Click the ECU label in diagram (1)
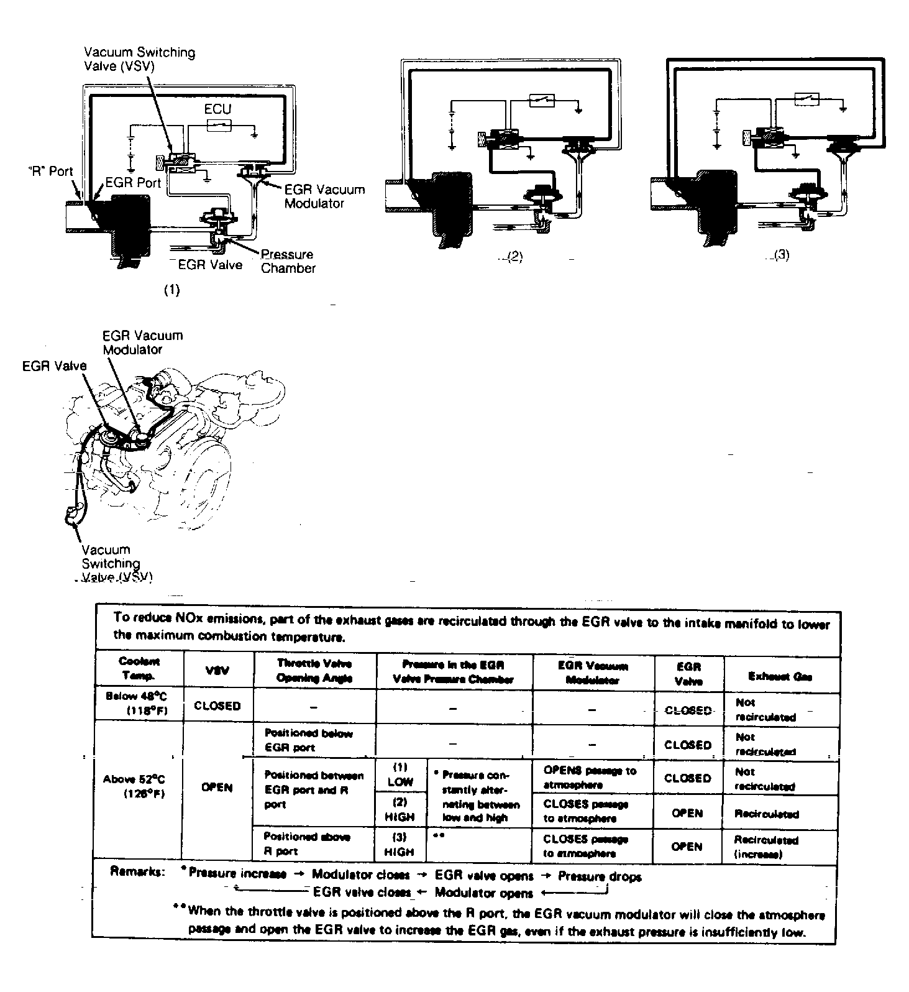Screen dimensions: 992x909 click(217, 109)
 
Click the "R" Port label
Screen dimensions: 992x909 click(52, 172)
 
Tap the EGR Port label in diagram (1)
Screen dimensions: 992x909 click(133, 183)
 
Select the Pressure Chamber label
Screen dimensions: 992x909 click(288, 262)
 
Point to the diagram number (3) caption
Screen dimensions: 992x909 click(781, 255)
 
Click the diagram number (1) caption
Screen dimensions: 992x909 click(171, 290)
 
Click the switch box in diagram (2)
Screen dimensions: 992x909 click(542, 101)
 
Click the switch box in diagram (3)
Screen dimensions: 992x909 click(806, 99)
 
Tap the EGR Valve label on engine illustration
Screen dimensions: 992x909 click(54, 366)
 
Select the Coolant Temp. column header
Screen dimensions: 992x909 click(139, 669)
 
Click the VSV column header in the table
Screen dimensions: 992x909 click(217, 670)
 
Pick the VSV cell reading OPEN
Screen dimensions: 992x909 click(217, 788)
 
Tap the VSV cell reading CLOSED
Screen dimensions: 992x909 click(217, 705)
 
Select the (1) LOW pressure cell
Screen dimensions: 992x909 click(400, 774)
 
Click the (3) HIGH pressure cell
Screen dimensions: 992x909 click(400, 845)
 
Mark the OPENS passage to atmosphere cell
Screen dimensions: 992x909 click(590, 777)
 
